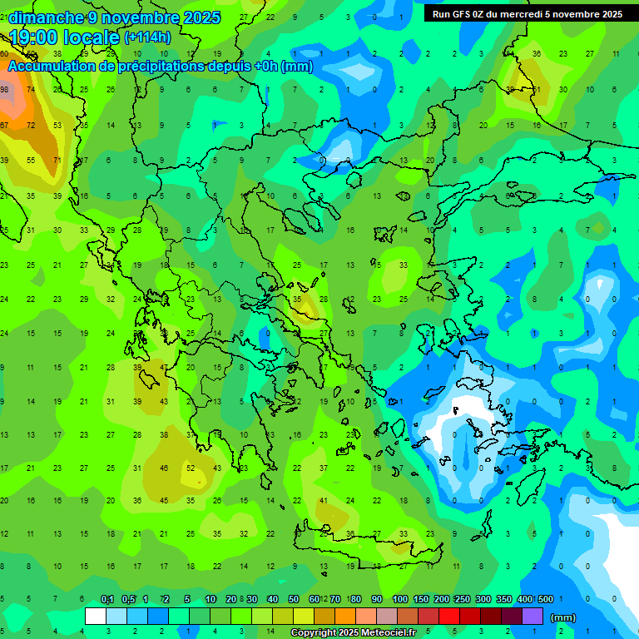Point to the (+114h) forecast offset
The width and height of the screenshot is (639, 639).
[147, 37]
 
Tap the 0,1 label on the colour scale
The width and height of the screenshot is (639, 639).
[107, 599]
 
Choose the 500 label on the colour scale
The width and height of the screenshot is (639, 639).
[545, 599]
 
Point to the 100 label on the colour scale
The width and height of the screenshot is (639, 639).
[399, 599]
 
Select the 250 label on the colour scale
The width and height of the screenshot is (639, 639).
[462, 599]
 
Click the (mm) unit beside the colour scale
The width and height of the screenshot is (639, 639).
[563, 617]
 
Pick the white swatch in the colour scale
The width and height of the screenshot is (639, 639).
[96, 616]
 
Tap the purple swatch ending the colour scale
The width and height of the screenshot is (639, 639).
[532, 616]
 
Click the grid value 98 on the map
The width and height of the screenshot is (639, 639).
[4, 90]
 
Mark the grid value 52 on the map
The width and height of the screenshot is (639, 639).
[191, 468]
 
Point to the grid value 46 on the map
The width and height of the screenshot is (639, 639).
[164, 468]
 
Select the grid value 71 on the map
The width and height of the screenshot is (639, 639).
[57, 160]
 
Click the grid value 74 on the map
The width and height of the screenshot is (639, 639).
[31, 90]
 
